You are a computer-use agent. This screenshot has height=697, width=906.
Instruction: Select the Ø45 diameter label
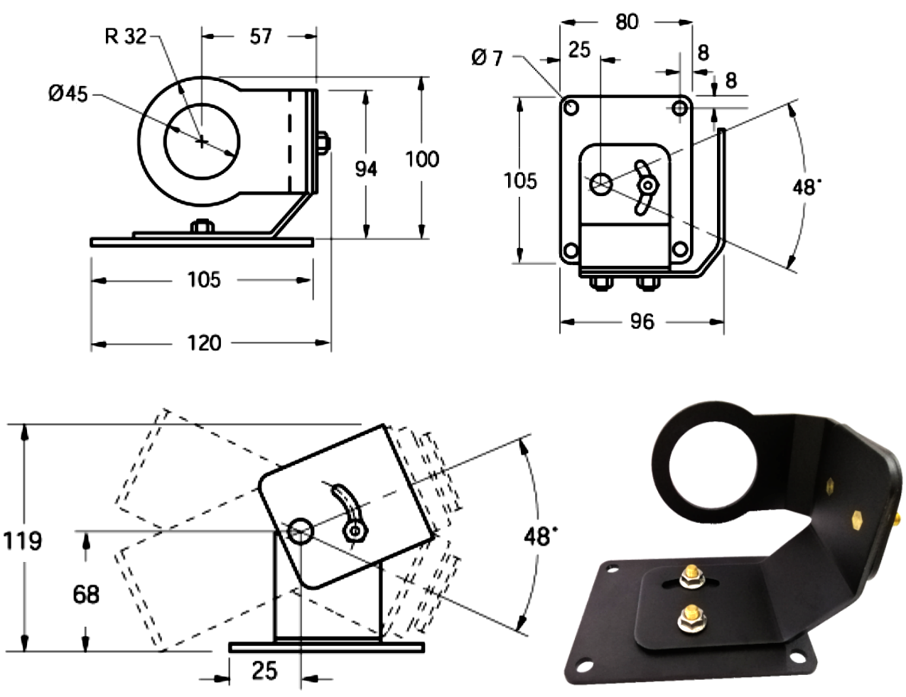pos(68,93)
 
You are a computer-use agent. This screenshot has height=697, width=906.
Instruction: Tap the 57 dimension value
pos(260,36)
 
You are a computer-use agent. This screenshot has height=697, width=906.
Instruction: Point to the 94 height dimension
pos(365,168)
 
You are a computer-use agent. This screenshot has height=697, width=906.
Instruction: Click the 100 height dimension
pos(422,158)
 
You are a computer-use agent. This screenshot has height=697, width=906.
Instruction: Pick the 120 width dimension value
pos(204,343)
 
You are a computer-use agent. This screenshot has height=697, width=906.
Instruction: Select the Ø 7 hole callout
pos(487,57)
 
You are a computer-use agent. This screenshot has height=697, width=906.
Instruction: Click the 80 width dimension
pos(627,22)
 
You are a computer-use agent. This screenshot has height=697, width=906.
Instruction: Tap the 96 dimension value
pos(642,322)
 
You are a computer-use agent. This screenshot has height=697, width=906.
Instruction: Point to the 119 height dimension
pos(23,541)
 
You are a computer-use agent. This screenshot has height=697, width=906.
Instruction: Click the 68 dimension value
pos(86,593)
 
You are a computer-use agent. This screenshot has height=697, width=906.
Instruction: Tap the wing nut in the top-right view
pos(647,186)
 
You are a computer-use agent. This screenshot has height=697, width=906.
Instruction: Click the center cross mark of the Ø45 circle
pos(203,141)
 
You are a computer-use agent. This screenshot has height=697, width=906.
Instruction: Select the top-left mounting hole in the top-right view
pos(571,108)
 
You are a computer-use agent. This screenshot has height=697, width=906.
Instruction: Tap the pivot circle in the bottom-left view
pos(301,530)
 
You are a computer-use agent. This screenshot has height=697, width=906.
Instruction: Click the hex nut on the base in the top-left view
pos(202,227)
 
